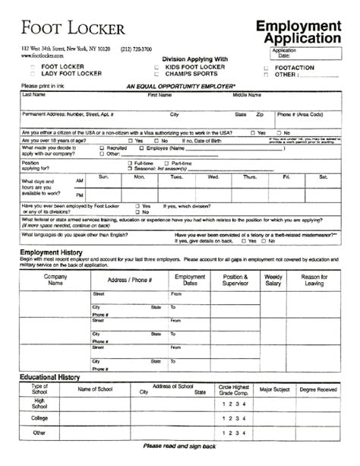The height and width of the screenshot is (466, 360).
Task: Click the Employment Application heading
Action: pyautogui.click(x=298, y=33)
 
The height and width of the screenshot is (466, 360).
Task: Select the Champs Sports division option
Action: pyautogui.click(x=158, y=74)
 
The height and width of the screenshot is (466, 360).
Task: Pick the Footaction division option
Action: pyautogui.click(x=266, y=68)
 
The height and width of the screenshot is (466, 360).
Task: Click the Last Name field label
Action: pyautogui.click(x=33, y=95)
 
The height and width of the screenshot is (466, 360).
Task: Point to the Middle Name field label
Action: pyautogui.click(x=247, y=95)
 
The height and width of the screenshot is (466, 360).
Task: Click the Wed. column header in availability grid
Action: pyautogui.click(x=213, y=177)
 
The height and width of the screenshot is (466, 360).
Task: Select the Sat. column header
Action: pyautogui.click(x=324, y=177)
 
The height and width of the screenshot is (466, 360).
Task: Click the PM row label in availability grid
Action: pyautogui.click(x=80, y=195)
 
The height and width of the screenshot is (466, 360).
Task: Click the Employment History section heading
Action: pyautogui.click(x=51, y=252)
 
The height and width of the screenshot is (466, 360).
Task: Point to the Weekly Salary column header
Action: pyautogui.click(x=273, y=280)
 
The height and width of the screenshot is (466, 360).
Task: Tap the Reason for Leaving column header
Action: pyautogui.click(x=314, y=280)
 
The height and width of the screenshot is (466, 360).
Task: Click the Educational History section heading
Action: pyautogui.click(x=50, y=378)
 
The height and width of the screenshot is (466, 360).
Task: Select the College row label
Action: pyautogui.click(x=39, y=417)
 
